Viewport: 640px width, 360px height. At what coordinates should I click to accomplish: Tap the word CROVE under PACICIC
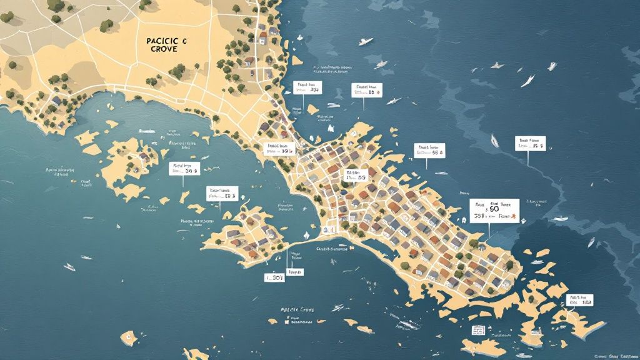click(x=162, y=50)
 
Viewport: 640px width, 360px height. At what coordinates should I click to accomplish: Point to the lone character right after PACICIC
click(x=185, y=41)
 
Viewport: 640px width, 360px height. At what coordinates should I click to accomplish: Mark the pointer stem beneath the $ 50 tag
click(x=487, y=234)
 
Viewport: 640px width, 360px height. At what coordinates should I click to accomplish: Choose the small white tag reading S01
click(x=275, y=277)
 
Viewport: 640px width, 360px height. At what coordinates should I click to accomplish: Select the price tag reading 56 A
click(x=430, y=150)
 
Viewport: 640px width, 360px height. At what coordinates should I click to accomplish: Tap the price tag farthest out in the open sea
click(x=530, y=143)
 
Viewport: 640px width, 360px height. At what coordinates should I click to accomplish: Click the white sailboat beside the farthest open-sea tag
click(x=494, y=141)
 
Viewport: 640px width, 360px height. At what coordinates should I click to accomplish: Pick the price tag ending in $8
click(x=579, y=300)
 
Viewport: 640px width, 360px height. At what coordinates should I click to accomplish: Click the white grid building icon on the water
click(x=479, y=329)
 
